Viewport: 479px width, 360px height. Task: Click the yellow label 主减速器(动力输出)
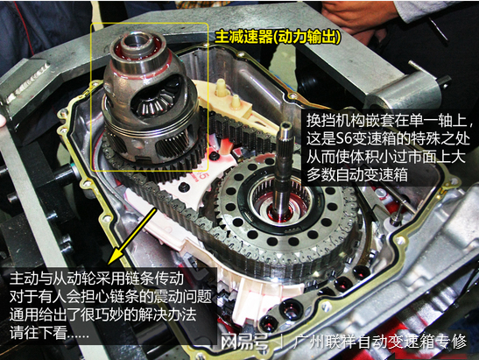(278, 38)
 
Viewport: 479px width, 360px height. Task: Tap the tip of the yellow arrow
(109, 264)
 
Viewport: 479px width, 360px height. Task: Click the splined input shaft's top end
(285, 125)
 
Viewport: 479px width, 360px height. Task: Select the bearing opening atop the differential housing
(136, 42)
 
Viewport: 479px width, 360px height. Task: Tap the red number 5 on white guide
(203, 175)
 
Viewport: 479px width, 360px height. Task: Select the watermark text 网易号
(244, 342)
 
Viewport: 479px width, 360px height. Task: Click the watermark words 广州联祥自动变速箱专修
(380, 342)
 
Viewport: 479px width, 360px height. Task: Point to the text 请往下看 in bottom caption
(38, 333)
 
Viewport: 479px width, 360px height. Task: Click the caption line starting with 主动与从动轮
(96, 278)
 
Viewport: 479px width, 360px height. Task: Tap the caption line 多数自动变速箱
(357, 174)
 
